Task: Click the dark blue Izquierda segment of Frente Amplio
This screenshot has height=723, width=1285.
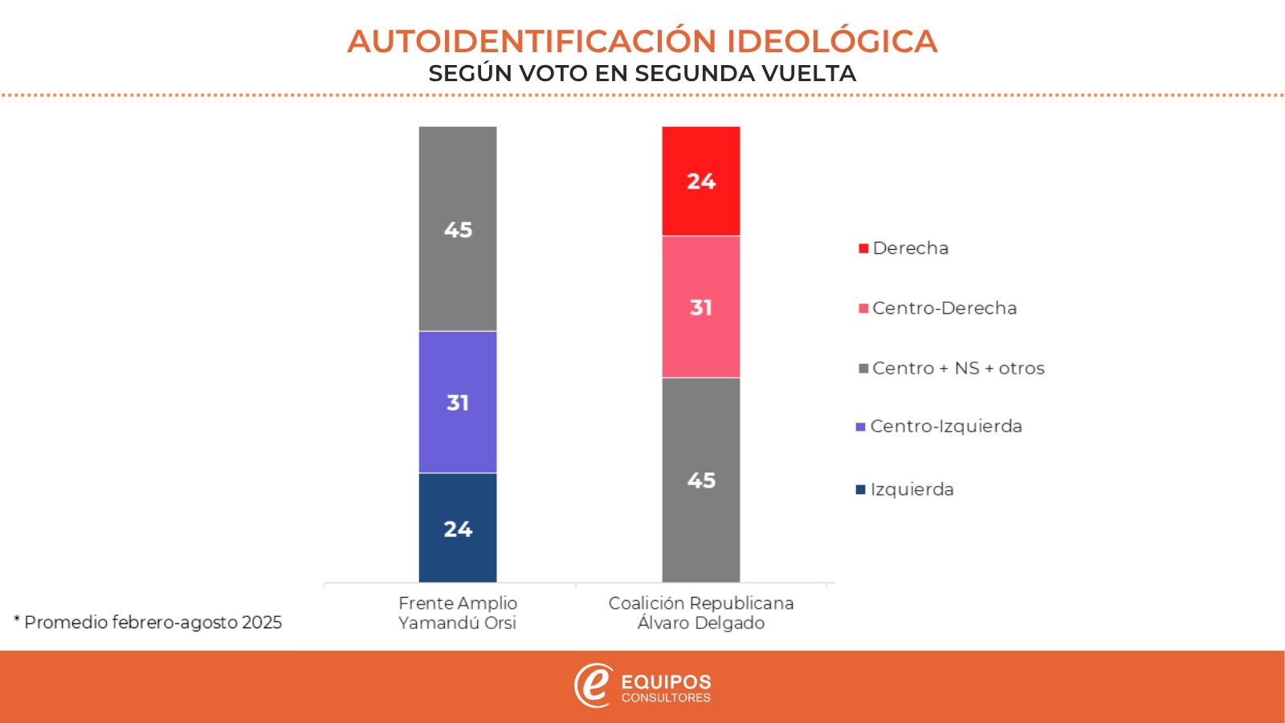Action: pyautogui.click(x=458, y=528)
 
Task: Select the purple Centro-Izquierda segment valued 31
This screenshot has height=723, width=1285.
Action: pyautogui.click(x=458, y=402)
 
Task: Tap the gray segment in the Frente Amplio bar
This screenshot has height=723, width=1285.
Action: pyautogui.click(x=458, y=229)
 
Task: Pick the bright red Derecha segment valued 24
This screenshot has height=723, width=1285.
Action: pyautogui.click(x=700, y=181)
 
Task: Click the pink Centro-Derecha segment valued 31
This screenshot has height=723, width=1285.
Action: pyautogui.click(x=700, y=307)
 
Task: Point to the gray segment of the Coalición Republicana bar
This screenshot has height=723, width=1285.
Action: pyautogui.click(x=700, y=480)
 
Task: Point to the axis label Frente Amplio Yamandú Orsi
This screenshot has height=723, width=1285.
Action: pyautogui.click(x=458, y=613)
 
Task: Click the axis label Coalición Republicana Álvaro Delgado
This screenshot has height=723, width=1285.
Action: pyautogui.click(x=700, y=613)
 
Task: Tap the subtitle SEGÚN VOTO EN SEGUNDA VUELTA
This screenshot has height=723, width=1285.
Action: pyautogui.click(x=642, y=73)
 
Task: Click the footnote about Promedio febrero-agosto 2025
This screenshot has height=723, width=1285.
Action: pyautogui.click(x=149, y=623)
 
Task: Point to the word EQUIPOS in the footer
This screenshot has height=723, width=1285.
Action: pyautogui.click(x=667, y=682)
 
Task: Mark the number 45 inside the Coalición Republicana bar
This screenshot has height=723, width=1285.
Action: pyautogui.click(x=700, y=480)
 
